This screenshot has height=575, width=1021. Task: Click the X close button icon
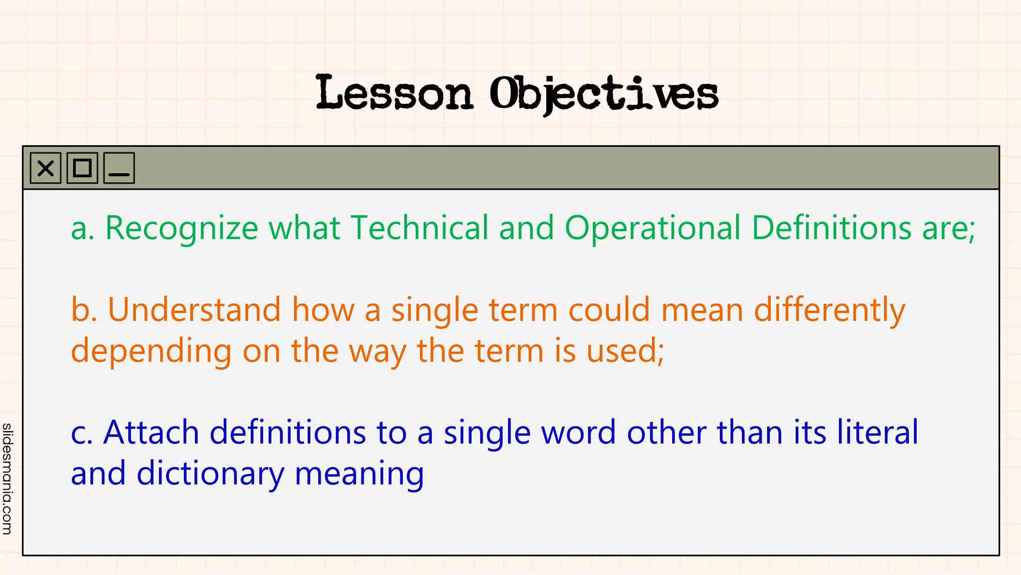pyautogui.click(x=45, y=168)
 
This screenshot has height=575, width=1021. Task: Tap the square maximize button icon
pyautogui.click(x=82, y=168)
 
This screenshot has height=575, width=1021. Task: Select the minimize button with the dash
pyautogui.click(x=119, y=168)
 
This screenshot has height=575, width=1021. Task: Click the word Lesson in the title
pyautogui.click(x=394, y=93)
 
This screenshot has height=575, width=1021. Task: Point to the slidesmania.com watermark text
pyautogui.click(x=7, y=479)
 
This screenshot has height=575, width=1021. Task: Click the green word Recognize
pyautogui.click(x=181, y=229)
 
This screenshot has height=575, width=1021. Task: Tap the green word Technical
pyautogui.click(x=419, y=228)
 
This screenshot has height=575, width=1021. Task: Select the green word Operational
pyautogui.click(x=653, y=229)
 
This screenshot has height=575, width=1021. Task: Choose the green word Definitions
pyautogui.click(x=831, y=228)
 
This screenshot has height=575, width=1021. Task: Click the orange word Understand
pyautogui.click(x=194, y=309)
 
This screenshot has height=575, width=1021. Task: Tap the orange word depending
pyautogui.click(x=151, y=351)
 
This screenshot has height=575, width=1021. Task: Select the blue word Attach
pyautogui.click(x=151, y=432)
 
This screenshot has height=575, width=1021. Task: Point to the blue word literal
pyautogui.click(x=877, y=432)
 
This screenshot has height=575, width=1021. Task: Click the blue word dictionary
pyautogui.click(x=210, y=474)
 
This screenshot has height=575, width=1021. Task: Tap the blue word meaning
pyautogui.click(x=359, y=474)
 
